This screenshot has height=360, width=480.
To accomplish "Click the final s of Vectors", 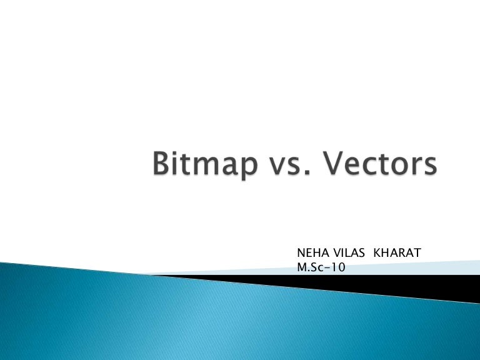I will tap(427, 171).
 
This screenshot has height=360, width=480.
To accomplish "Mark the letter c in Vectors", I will tap(363, 171).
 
